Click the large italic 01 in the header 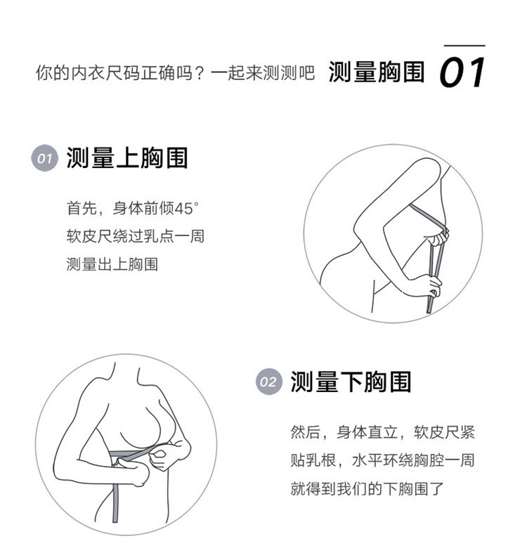tap(462, 72)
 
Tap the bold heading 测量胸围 tap(377, 72)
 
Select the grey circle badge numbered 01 tap(45, 158)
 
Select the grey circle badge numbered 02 tap(269, 382)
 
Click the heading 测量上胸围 tap(127, 158)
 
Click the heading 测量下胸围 tap(351, 382)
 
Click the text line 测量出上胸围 tap(112, 264)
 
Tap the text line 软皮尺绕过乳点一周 tap(136, 236)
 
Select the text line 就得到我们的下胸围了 tap(367, 488)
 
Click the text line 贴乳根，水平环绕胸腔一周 tap(382, 460)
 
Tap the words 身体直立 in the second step tap(367, 432)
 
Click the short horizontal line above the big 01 tap(464, 46)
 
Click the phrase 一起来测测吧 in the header tap(263, 73)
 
